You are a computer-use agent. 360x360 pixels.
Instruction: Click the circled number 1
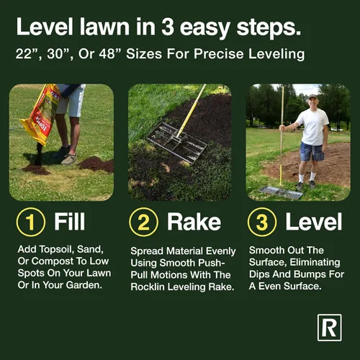pos(31,222)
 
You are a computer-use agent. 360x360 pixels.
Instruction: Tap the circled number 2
pos(143,222)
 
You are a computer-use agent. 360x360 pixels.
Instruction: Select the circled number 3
pos(262,222)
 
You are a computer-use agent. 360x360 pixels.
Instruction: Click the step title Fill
pos(69,221)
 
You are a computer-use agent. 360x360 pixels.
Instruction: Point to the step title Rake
pos(194,222)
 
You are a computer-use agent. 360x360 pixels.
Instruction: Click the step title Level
pos(313,222)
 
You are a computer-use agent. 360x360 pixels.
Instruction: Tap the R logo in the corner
pos(330,328)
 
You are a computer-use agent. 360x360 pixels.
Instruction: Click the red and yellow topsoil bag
pos(41,114)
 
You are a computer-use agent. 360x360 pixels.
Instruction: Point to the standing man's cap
pos(312,96)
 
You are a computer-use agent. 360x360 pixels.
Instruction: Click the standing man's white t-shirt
pos(312,127)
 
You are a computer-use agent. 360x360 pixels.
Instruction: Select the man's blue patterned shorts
pos(312,152)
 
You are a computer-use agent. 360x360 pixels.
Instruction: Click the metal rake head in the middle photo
pos(177,143)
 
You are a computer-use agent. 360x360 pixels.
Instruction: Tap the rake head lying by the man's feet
pos(281,193)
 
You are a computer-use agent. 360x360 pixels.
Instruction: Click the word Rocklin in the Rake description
pos(148,287)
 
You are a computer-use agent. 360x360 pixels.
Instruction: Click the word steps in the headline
pos(269,27)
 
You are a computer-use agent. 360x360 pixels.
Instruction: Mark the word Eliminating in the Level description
pos(315,262)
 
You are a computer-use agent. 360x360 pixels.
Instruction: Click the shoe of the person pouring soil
pos(69,159)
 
